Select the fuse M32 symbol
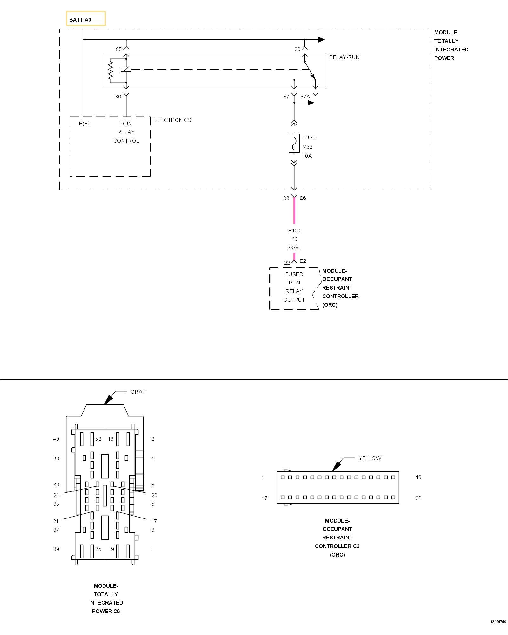pyautogui.click(x=294, y=143)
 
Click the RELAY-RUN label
pyautogui.click(x=344, y=57)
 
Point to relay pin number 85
pyautogui.click(x=118, y=49)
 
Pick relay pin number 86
pyautogui.click(x=118, y=97)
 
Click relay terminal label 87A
pyautogui.click(x=305, y=97)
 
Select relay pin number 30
pyautogui.click(x=297, y=49)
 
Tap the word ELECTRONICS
pyautogui.click(x=173, y=120)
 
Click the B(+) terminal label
pyautogui.click(x=84, y=124)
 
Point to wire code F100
pyautogui.click(x=294, y=231)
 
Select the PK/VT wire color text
pyautogui.click(x=294, y=248)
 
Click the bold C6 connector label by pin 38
pyautogui.click(x=303, y=198)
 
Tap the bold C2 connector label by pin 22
pyautogui.click(x=303, y=261)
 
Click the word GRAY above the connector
pyautogui.click(x=138, y=392)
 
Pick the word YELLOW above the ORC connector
pyautogui.click(x=370, y=458)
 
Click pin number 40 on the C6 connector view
pyautogui.click(x=56, y=439)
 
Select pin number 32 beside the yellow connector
pyautogui.click(x=418, y=498)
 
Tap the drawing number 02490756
pyautogui.click(x=498, y=622)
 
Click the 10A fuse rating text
pyautogui.click(x=307, y=156)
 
